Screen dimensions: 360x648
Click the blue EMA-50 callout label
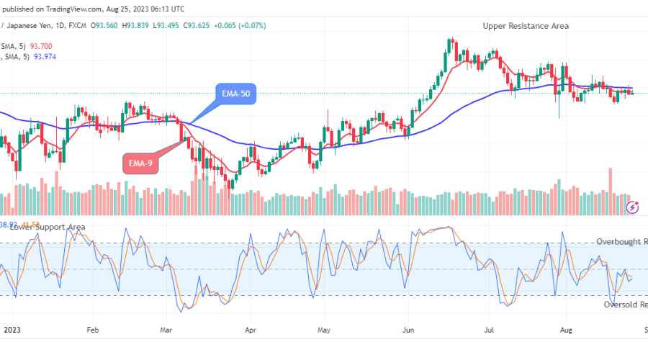235,93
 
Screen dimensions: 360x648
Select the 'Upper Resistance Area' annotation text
526,26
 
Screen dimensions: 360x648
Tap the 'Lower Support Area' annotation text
48,228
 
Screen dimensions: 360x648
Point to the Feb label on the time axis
92,330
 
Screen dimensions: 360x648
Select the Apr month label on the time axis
250,330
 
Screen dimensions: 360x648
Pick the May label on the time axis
324,330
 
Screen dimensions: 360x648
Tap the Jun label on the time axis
408,330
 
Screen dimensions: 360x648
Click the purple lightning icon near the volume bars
633,207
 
